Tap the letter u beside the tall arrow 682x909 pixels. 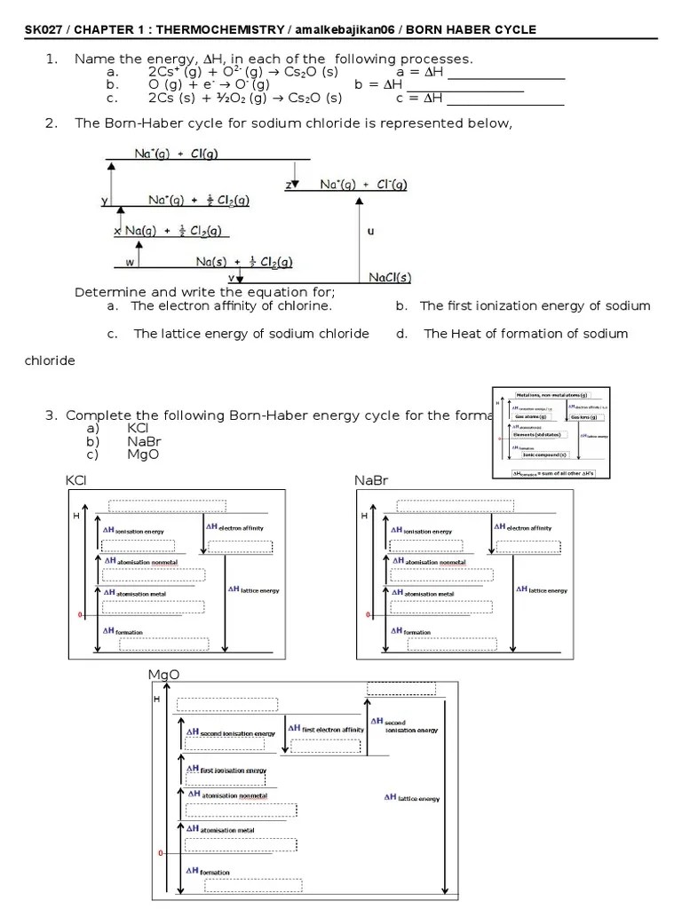(x=369, y=232)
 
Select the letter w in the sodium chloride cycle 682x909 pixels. (x=130, y=262)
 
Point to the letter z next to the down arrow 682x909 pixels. (x=289, y=185)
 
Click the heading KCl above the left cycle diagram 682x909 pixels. (x=77, y=480)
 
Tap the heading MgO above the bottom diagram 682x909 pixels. (x=163, y=675)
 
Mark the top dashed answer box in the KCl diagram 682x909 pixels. (x=156, y=506)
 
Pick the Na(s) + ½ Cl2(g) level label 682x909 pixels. (x=244, y=262)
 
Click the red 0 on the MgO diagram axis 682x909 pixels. (x=161, y=853)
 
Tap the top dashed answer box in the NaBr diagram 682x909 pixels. (x=444, y=506)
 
